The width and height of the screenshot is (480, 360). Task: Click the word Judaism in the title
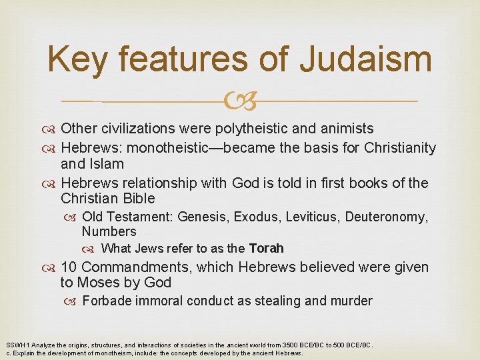click(366, 59)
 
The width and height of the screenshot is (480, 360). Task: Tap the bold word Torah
click(266, 249)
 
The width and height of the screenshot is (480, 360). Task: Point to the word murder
click(351, 301)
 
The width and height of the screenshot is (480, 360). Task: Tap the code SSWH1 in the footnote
click(17, 345)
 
